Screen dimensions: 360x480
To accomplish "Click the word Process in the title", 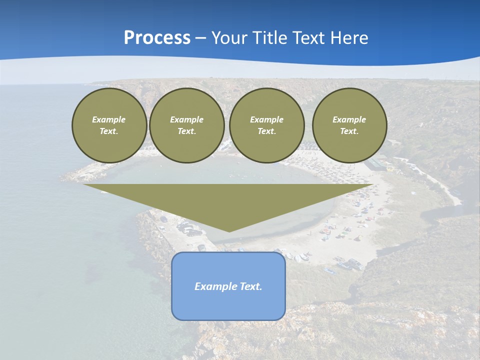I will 157,38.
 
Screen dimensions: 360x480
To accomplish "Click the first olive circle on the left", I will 109,125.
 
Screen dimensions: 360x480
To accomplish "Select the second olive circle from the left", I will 187,125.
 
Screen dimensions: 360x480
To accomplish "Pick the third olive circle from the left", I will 267,125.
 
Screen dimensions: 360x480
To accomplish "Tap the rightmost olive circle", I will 349,125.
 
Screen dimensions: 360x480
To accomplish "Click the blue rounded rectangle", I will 228,300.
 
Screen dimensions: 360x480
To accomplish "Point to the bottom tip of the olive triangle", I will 229,231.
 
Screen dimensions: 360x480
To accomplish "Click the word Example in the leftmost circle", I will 109,119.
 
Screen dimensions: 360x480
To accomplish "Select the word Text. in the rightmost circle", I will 349,131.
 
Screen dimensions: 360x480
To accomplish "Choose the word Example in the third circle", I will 267,119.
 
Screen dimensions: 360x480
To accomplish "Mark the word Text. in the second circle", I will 187,131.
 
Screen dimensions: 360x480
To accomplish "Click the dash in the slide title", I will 201,38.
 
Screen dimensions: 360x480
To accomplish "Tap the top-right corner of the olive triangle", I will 373,185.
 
